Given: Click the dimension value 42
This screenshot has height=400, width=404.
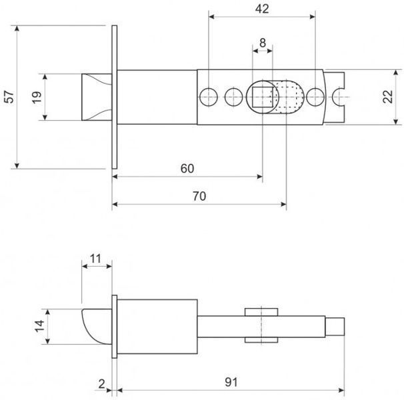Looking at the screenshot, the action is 262,9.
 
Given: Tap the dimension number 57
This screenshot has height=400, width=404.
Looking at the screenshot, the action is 9,97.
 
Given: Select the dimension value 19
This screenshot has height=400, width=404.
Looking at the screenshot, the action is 37,97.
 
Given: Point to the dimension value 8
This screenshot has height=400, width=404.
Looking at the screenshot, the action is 263,43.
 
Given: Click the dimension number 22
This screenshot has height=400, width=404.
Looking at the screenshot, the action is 387,97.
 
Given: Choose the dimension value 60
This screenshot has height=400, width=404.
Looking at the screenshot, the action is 187,169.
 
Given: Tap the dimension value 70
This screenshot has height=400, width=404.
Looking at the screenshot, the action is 199,197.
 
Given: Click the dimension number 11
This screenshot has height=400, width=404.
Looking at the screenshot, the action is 95,259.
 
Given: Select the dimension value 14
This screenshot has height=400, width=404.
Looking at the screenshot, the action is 39,326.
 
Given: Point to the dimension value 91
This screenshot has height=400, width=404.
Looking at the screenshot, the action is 231,382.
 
